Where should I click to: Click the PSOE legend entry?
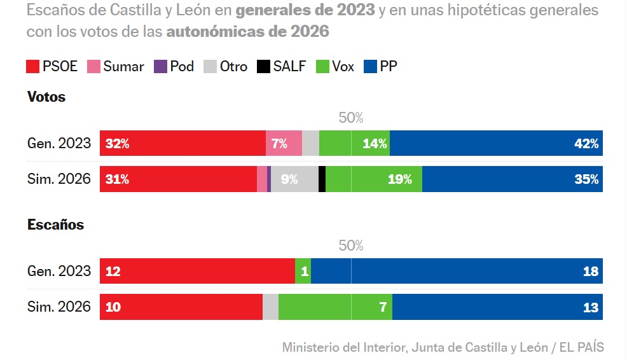click(52, 67)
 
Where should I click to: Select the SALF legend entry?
click(282, 67)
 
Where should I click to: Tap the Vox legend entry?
click(335, 67)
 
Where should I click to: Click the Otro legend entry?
click(226, 67)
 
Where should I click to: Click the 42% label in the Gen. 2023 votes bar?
click(586, 144)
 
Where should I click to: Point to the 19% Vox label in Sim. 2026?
click(399, 180)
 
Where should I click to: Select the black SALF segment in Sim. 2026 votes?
click(322, 180)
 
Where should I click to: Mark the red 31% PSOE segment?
click(178, 180)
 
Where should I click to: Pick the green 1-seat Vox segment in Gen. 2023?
click(303, 272)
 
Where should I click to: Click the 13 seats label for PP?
click(591, 308)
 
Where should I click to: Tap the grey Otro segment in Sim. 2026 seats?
click(270, 308)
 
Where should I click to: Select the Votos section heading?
click(46, 97)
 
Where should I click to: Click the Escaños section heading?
click(56, 225)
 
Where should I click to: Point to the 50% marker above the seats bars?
click(350, 246)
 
